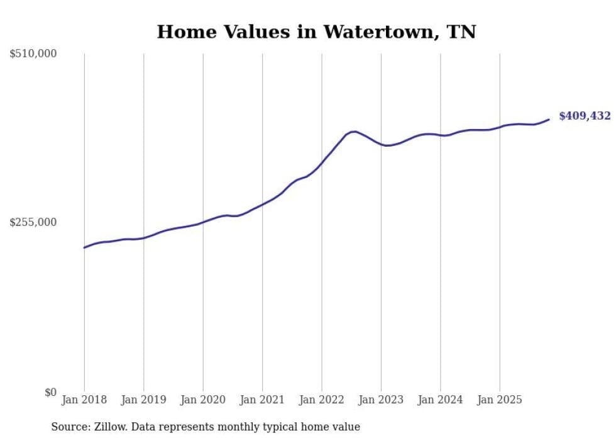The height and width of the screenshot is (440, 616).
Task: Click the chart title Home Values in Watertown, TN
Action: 316,32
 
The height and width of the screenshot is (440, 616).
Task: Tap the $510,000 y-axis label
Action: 33,54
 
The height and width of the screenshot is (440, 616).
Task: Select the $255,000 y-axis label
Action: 33,222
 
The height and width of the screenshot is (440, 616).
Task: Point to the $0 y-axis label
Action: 50,392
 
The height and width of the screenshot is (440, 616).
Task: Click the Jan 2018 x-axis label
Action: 84,400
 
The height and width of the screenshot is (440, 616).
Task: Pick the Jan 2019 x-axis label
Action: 143,400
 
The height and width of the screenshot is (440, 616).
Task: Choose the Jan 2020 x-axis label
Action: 203,400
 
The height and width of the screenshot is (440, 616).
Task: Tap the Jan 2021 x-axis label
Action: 262,400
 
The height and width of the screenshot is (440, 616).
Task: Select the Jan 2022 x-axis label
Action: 322,400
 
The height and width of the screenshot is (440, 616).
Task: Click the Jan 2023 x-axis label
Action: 381,400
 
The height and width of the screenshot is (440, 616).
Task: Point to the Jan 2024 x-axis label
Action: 441,400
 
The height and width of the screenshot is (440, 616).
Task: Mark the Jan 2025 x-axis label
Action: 500,400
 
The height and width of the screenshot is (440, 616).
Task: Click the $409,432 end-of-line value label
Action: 585,116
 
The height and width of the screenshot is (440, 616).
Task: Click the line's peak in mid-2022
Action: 355,132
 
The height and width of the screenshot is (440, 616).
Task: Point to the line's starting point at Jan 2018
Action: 84,247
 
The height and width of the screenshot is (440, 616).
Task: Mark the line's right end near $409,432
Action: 549,119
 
